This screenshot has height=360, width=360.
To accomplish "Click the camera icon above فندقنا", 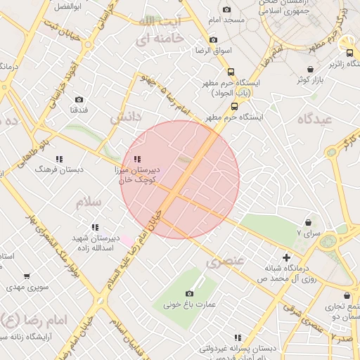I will [78, 99].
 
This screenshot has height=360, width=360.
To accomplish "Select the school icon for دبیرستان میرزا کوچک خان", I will [137, 159].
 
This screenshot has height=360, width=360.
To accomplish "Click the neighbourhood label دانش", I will [126, 115].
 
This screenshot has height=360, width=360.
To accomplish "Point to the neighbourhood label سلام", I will [89, 202].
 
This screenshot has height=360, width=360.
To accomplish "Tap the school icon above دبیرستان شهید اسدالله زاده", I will [95, 226].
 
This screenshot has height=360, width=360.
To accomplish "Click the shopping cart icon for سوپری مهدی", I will [27, 276].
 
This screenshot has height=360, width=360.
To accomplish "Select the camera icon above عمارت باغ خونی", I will [189, 293].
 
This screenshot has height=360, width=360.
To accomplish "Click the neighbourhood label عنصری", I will [225, 262].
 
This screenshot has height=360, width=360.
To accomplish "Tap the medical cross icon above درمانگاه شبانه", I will [285, 257].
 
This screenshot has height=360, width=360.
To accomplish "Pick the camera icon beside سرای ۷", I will [309, 222].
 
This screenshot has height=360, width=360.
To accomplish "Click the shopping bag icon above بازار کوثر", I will [311, 69].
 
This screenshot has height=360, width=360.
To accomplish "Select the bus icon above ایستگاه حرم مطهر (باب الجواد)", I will [231, 72].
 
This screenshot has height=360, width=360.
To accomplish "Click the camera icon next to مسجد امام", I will [226, 9].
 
